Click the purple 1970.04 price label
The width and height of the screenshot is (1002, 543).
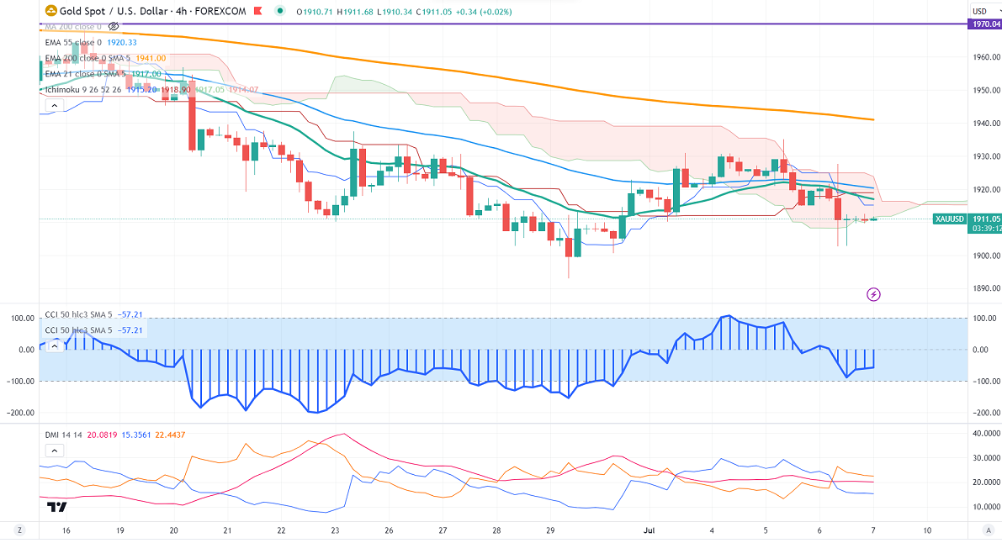coord(983,25)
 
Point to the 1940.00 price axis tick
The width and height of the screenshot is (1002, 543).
coord(983,123)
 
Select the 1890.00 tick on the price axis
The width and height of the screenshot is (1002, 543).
coord(983,288)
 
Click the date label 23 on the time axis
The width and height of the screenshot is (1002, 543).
coord(336,531)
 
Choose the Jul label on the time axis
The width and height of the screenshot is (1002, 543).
coord(648,531)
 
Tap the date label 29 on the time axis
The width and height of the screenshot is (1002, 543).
coord(549,531)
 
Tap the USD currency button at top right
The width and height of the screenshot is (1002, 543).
coord(980,11)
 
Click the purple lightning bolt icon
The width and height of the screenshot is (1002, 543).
coord(873,294)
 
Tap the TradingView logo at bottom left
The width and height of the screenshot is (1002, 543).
coord(56,507)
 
